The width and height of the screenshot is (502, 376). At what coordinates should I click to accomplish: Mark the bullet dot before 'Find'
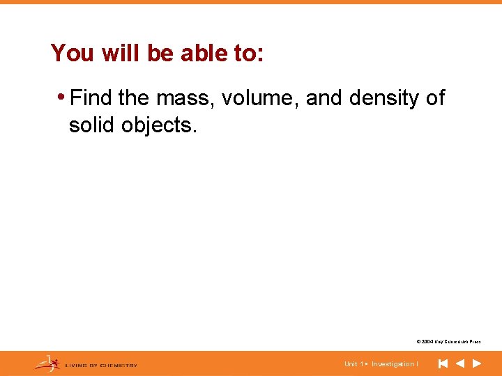pos(63,97)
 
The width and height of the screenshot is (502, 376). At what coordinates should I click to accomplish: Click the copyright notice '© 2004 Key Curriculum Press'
pos(448,342)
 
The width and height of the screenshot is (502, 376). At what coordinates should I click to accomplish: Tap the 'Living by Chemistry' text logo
pos(101,365)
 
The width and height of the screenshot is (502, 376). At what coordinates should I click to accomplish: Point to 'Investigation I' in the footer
pos(395,364)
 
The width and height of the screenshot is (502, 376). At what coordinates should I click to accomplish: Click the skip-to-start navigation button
pos(443,363)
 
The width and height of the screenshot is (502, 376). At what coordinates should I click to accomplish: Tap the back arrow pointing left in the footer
pos(459,363)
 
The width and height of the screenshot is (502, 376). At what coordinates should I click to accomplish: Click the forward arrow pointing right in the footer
pos(477,363)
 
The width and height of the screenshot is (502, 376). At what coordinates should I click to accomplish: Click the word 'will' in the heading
pos(120,53)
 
